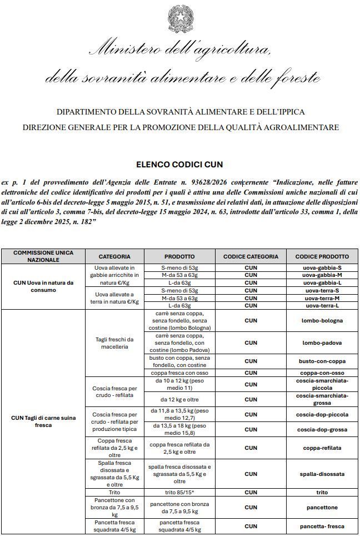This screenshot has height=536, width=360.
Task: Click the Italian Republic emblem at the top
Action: coord(179,18)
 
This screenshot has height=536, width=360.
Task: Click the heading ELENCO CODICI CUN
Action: coord(179,165)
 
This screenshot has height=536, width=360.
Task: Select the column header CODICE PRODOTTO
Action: coord(322,256)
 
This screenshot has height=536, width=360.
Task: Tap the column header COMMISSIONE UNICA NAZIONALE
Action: coord(43,256)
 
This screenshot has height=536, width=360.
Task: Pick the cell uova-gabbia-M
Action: coord(322,275)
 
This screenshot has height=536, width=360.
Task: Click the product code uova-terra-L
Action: coord(322,305)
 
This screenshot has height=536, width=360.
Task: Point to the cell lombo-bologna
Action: coord(322,320)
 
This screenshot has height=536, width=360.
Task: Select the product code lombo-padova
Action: coord(322,343)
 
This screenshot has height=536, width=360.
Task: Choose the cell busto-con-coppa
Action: coord(322,361)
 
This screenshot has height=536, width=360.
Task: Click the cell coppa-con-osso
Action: coord(322,373)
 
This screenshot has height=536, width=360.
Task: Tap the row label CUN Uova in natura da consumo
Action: coord(43,286)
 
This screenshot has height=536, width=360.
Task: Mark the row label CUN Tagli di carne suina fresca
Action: coord(43,421)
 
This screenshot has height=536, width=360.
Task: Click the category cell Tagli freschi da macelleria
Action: coord(115,343)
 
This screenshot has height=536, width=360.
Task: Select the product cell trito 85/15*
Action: coord(179,492)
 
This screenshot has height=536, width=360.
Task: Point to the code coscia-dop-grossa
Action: coord(322,429)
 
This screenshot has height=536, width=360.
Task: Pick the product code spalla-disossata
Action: coord(322,474)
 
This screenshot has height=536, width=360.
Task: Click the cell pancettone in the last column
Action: coord(322,507)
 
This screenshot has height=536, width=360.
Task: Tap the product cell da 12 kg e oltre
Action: coord(179,399)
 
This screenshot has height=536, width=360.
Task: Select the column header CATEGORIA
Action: coord(115,256)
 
